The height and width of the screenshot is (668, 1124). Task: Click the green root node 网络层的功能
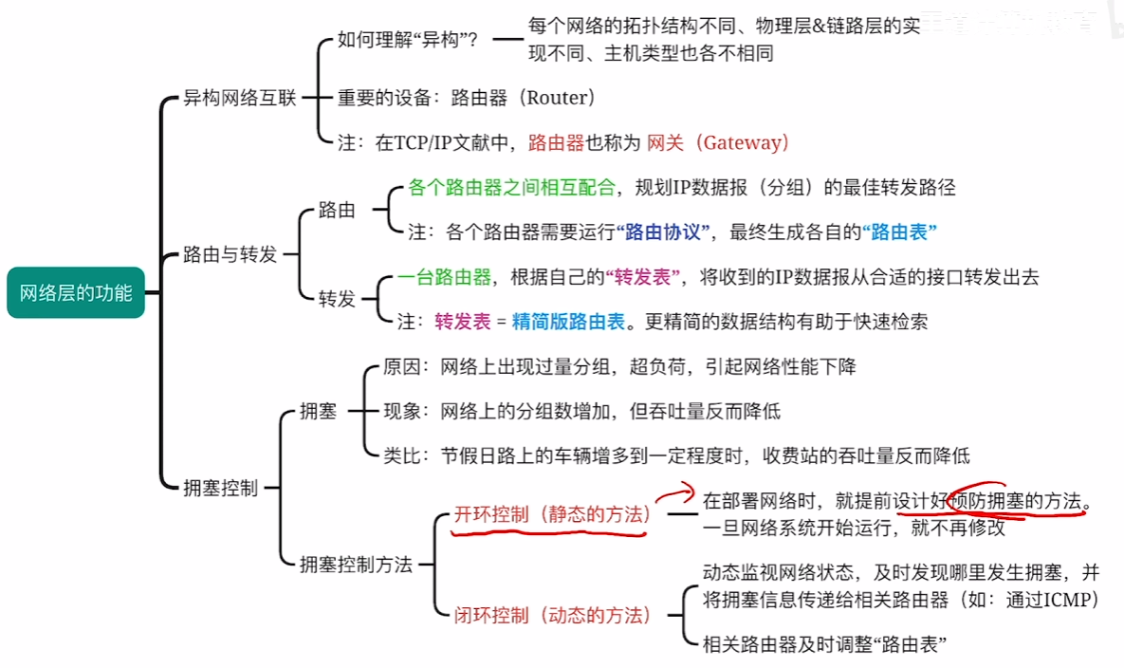coord(76,292)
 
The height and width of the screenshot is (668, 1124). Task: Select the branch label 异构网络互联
coord(239,98)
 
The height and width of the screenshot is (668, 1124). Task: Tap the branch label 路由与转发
coord(230,254)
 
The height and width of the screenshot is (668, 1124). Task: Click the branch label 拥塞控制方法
coord(356,565)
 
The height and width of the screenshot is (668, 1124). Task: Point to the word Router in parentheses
coord(558,98)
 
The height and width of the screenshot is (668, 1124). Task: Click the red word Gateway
coord(742,142)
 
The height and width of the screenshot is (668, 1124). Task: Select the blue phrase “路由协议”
coord(662,232)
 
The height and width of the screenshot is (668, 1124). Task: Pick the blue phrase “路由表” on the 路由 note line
coord(899,232)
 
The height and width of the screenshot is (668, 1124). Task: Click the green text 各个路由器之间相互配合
coord(512,188)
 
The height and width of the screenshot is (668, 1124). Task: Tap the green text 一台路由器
coord(445,277)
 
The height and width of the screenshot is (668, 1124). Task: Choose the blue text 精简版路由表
coord(568,322)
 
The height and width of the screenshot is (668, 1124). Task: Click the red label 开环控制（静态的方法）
coord(553,514)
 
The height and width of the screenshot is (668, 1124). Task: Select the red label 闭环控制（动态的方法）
coord(553,615)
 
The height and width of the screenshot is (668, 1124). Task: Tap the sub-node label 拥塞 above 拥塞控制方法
coord(318,412)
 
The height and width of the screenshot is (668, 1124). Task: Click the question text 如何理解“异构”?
coord(407,40)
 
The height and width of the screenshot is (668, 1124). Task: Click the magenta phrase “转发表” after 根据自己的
coord(642,277)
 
